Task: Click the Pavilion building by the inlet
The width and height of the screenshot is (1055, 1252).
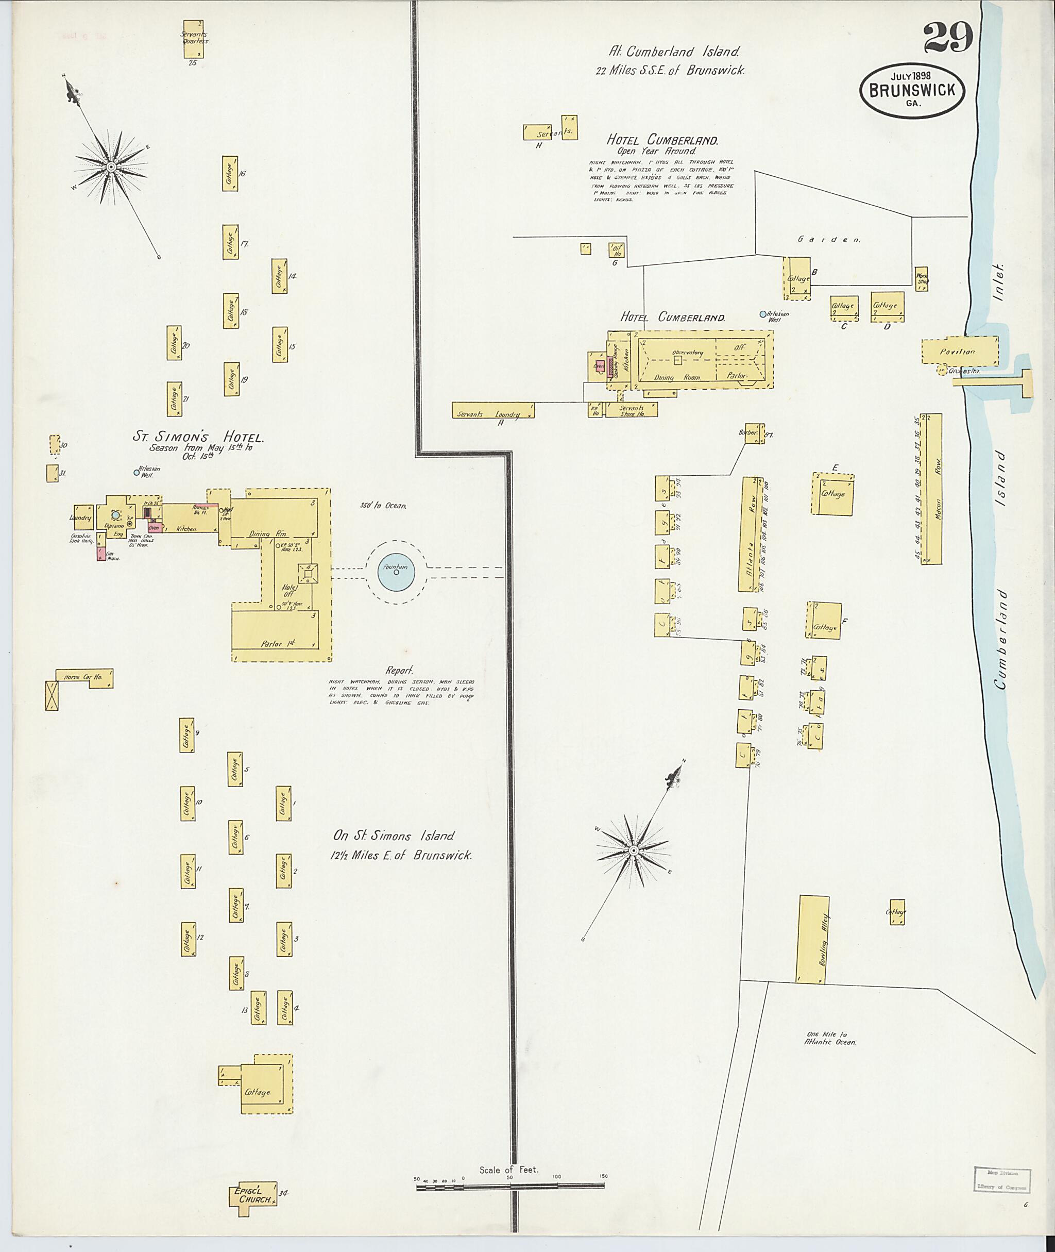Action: coord(959,352)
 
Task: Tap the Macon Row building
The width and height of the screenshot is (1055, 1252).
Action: coord(933,488)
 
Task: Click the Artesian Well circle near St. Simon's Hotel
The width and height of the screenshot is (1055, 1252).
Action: coord(137,472)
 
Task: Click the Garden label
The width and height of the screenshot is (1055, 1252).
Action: coord(829,239)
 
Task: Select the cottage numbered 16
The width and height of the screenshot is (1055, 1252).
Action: coord(230,174)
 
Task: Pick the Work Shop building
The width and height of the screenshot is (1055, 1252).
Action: coord(922,278)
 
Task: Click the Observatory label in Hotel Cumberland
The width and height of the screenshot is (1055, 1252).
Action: coord(686,353)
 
